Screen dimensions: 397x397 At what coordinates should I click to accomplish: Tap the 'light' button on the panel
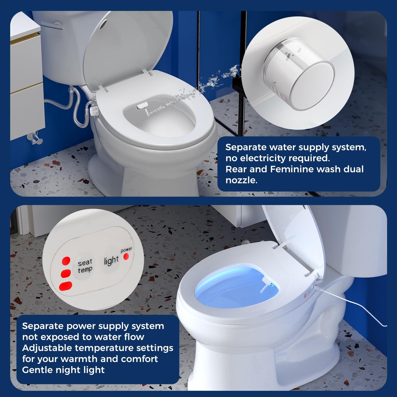[x=111, y=261]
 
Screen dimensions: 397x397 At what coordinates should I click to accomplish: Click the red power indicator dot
[x=126, y=257]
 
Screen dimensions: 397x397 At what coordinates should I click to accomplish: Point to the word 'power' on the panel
[x=126, y=249]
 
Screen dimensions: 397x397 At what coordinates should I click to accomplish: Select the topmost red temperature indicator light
[x=66, y=261]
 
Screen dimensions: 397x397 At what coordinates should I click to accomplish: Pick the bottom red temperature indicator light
[x=66, y=286]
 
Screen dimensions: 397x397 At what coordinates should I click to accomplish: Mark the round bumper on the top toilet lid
[x=102, y=24]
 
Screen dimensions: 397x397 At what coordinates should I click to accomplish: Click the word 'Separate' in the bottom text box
[x=43, y=326]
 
